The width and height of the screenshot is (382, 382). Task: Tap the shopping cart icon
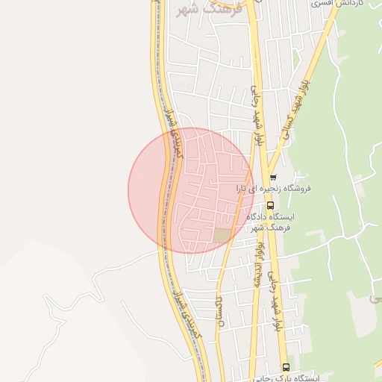point(274,178)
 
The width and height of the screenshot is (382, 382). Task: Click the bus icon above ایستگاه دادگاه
point(270,204)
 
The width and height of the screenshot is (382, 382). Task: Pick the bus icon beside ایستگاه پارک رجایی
point(286,366)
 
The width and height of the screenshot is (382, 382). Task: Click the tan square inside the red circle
point(222,236)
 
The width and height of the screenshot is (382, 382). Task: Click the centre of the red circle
point(191,190)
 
